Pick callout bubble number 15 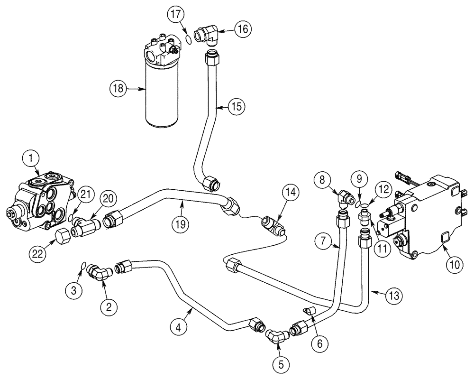pos(238,106)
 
